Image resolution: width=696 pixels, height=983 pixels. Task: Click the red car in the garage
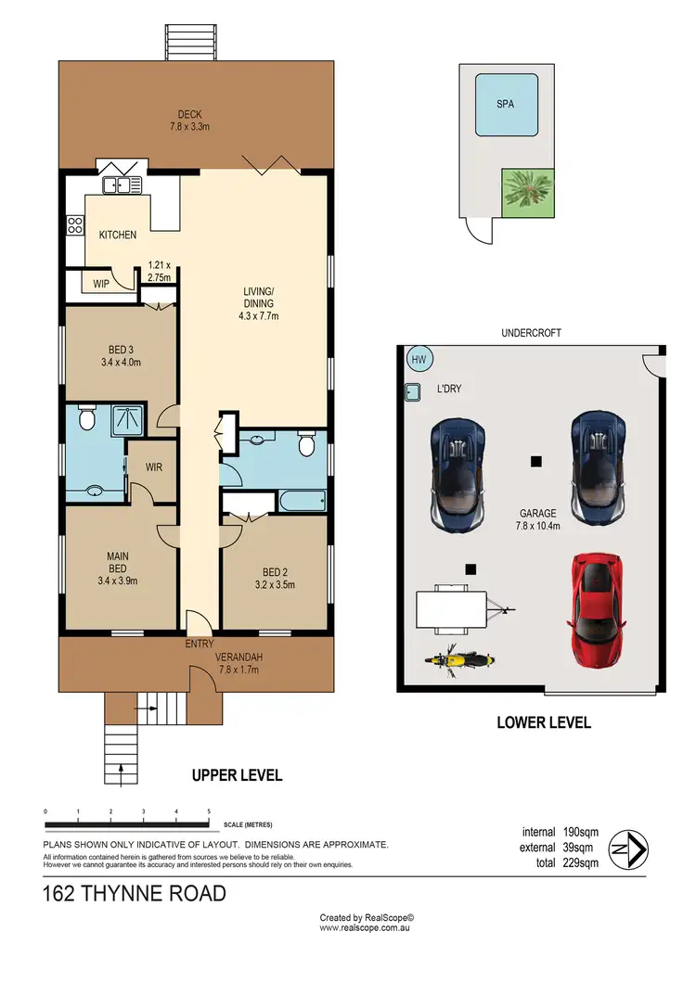593,610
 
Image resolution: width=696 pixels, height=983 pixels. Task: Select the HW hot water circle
418,360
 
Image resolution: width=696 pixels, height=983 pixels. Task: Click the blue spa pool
505,105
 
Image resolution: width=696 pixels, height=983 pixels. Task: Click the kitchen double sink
122,185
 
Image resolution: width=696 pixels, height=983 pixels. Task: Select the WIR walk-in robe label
153,467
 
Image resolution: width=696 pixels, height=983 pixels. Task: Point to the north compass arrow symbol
632,848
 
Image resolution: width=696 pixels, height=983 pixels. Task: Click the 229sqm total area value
580,862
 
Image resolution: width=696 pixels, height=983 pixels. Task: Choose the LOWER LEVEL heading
544,722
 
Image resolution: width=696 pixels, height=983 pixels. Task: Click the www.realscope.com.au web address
366,926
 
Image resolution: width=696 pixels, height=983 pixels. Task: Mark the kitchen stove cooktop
74,224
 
